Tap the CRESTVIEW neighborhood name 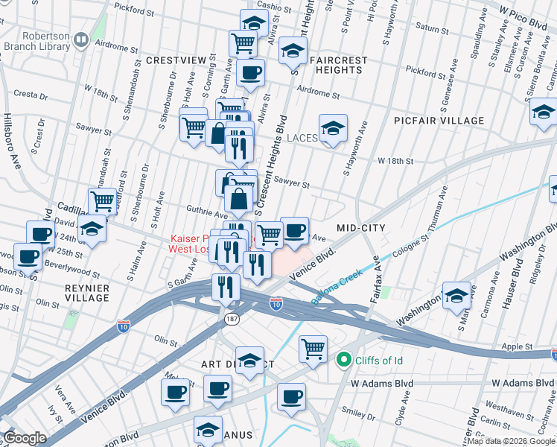tap(175, 59)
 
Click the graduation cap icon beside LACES tap(333, 128)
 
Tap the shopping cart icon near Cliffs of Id tap(313, 347)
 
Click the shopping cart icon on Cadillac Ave tap(102, 200)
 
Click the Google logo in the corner tap(25, 438)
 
